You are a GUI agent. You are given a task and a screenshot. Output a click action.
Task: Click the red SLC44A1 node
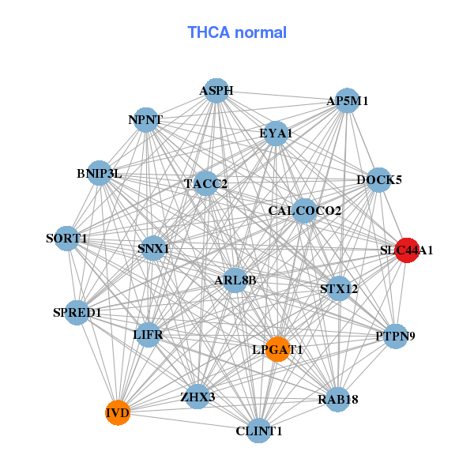pyautogui.click(x=407, y=250)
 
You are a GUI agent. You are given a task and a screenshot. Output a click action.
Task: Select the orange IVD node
pyautogui.click(x=118, y=412)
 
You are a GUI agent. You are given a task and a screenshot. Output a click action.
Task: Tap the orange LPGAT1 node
pyautogui.click(x=277, y=349)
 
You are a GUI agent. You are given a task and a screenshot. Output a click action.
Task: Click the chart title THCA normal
pyautogui.click(x=237, y=32)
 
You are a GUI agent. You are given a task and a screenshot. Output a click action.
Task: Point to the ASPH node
pyautogui.click(x=216, y=91)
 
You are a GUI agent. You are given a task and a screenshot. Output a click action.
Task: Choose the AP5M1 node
pyautogui.click(x=348, y=100)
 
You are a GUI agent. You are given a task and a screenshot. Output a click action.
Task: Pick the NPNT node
pyautogui.click(x=145, y=120)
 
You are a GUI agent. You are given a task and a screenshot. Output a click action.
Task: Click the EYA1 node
pyautogui.click(x=276, y=134)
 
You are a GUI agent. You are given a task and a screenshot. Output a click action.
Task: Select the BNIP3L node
pyautogui.click(x=100, y=173)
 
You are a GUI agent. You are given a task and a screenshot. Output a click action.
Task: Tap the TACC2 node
pyautogui.click(x=205, y=183)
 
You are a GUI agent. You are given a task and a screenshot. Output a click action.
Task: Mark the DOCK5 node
pyautogui.click(x=378, y=180)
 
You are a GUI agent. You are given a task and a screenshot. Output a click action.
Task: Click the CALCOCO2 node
pyautogui.click(x=305, y=211)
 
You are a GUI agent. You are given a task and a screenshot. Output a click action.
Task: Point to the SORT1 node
pyautogui.click(x=67, y=239)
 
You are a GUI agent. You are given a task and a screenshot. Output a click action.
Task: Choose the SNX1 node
pyautogui.click(x=153, y=248)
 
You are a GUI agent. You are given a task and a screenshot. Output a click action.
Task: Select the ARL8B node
pyautogui.click(x=235, y=280)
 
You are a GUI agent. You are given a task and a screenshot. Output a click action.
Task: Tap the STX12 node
pyautogui.click(x=339, y=288)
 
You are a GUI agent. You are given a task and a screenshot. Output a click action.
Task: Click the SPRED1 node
pyautogui.click(x=77, y=313)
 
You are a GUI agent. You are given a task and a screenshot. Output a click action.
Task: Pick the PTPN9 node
pyautogui.click(x=396, y=337)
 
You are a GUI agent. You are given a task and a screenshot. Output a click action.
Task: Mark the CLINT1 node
pyautogui.click(x=259, y=431)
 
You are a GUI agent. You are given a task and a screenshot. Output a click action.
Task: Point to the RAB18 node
pyautogui.click(x=337, y=399)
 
